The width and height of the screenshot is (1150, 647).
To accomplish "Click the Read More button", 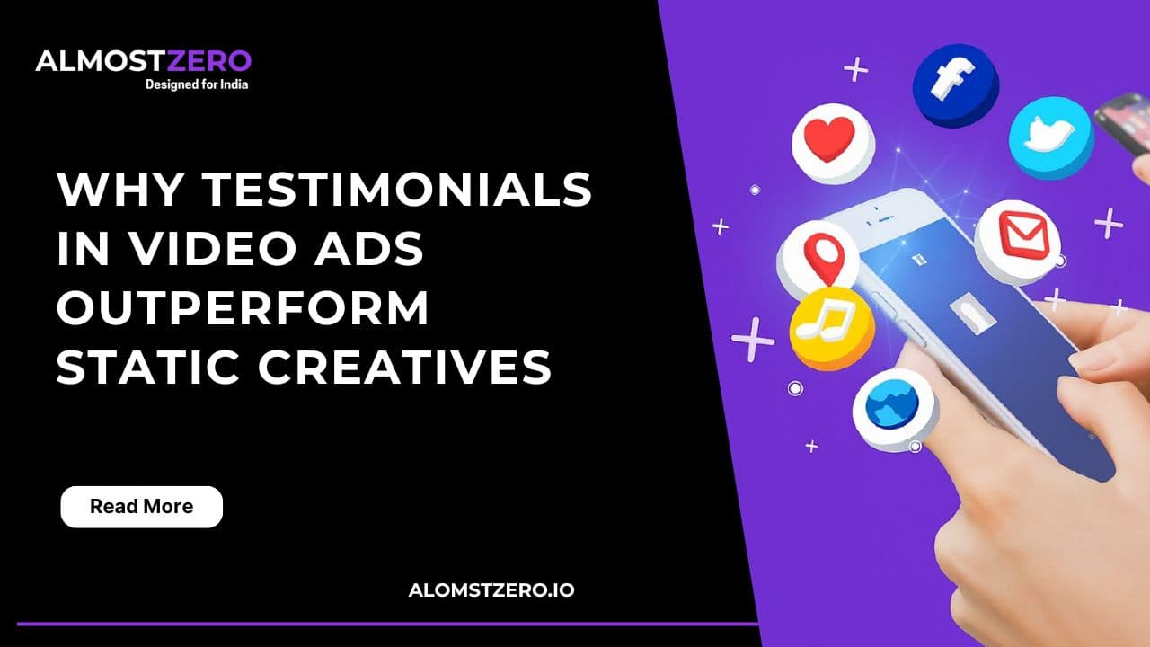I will click(141, 507).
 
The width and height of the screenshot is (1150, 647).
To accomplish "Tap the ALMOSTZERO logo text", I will click(144, 62).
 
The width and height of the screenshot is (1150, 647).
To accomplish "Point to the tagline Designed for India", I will click(197, 84).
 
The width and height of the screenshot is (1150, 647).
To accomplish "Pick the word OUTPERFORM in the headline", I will click(243, 308).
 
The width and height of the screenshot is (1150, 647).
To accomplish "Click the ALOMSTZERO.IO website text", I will click(491, 590).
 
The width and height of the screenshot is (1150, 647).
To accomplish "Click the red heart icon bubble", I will click(832, 139).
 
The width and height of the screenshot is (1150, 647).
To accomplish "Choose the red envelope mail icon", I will click(1018, 238).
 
